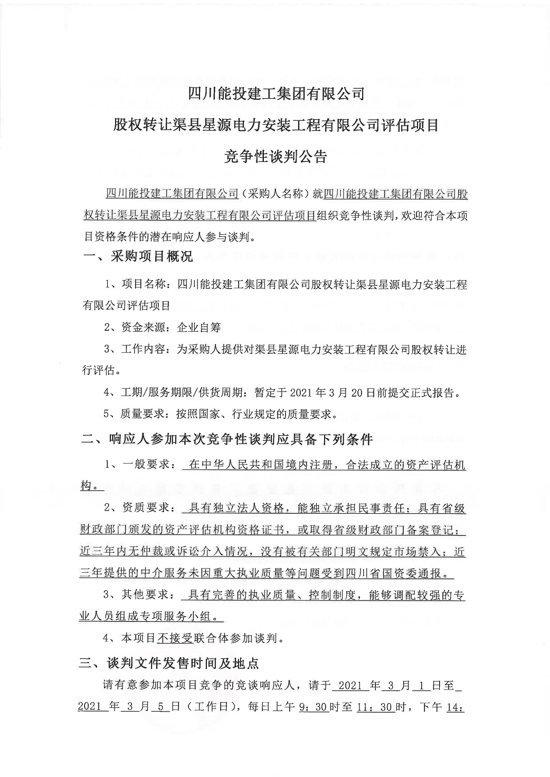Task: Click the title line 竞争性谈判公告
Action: (276, 157)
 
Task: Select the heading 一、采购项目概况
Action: (137, 257)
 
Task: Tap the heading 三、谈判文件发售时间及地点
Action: (169, 663)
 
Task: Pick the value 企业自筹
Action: (200, 328)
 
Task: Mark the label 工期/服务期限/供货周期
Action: (182, 392)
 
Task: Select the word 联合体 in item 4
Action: (209, 638)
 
